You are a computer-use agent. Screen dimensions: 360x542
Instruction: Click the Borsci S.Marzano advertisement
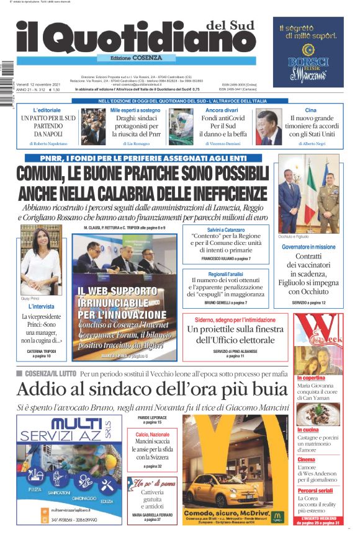[x=308, y=52]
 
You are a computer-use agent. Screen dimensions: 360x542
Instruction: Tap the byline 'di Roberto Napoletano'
[x=48, y=143]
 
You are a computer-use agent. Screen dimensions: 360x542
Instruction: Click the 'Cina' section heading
[x=310, y=110]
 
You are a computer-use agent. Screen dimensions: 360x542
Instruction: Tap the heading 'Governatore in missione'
[x=308, y=247]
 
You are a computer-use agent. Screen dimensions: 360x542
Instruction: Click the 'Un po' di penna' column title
[x=154, y=483]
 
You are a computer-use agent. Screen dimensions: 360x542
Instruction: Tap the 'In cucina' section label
[x=308, y=429]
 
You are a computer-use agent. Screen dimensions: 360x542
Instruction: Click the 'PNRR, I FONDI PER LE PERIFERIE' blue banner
[x=143, y=159]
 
